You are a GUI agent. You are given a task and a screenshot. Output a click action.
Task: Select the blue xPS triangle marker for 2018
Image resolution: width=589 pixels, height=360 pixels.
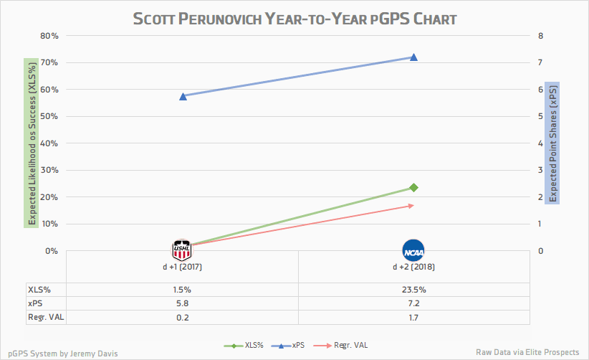coord(413,57)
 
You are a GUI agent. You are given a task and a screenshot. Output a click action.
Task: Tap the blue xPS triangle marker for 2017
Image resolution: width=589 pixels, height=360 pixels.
coord(183,96)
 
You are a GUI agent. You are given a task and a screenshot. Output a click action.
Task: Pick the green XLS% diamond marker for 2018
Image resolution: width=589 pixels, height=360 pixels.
coord(413,188)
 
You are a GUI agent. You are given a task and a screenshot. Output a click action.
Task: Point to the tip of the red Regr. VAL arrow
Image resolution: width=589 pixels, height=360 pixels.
coord(413,205)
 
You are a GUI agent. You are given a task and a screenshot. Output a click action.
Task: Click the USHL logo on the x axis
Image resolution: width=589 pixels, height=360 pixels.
coord(183,250)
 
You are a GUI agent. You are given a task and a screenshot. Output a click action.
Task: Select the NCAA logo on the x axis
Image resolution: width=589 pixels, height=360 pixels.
coord(413,250)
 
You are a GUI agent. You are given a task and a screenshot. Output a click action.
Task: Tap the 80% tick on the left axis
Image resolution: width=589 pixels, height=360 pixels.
coord(49,36)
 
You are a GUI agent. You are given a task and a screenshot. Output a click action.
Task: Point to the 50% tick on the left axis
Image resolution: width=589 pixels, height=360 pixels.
coord(49,116)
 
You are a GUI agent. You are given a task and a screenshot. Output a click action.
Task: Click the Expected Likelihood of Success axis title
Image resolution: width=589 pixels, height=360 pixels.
coord(31,143)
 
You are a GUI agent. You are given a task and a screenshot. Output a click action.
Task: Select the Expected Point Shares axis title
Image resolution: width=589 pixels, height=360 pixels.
coord(552,143)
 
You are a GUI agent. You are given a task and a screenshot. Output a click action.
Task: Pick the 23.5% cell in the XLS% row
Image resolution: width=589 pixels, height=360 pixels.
coord(413,290)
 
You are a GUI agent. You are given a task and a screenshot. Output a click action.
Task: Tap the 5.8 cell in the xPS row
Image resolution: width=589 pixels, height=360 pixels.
coord(183,304)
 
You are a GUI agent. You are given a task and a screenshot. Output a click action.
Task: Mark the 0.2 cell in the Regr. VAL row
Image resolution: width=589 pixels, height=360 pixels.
coord(183,318)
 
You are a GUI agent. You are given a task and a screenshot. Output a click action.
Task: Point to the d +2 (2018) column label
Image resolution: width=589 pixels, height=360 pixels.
coord(413,267)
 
